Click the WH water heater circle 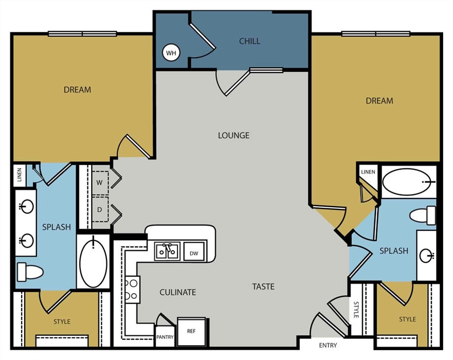[x=171, y=52]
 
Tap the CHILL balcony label [x=250, y=41]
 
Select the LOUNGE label [x=233, y=135]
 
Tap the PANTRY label [x=165, y=337]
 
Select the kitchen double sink [x=167, y=251]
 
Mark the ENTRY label [x=328, y=345]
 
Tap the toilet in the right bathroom [x=423, y=215]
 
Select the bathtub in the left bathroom [x=93, y=261]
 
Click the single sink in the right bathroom [x=426, y=255]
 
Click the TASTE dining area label [x=263, y=286]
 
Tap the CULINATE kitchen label [x=178, y=292]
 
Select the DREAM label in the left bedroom [x=77, y=89]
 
